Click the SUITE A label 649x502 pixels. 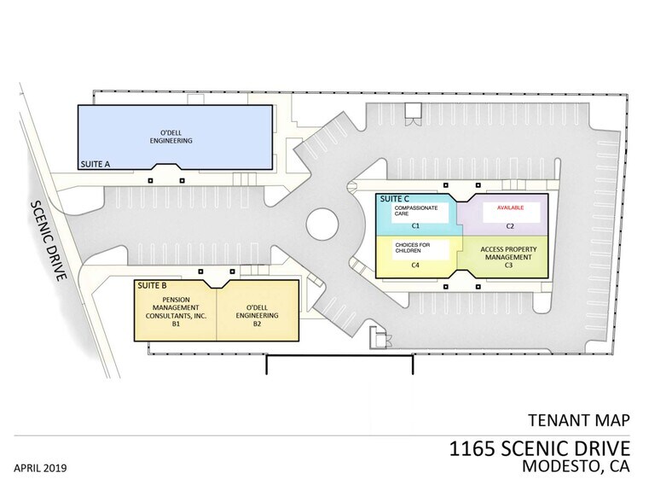click(x=96, y=162)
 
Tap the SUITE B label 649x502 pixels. click(x=151, y=283)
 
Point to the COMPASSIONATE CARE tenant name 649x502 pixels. click(x=415, y=212)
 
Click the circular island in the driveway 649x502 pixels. click(x=323, y=226)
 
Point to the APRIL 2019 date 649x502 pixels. click(x=40, y=468)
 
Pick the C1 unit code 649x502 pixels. click(x=417, y=226)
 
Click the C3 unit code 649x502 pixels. click(x=507, y=266)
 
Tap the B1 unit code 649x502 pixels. click(x=176, y=324)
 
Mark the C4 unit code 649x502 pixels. click(x=415, y=266)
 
